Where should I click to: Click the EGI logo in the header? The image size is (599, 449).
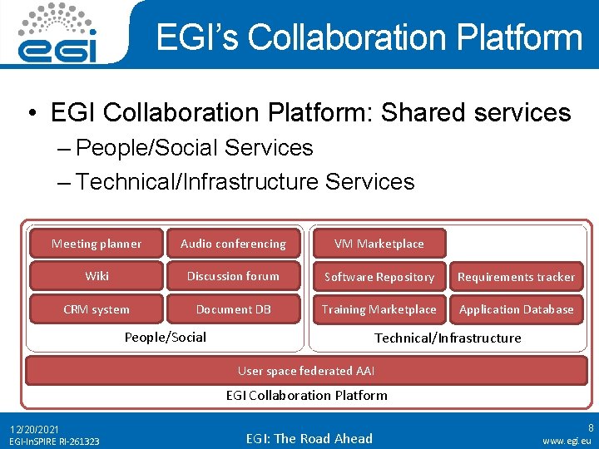click(59, 33)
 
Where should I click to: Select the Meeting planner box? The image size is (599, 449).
click(97, 244)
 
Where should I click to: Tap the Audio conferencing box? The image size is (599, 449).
click(233, 244)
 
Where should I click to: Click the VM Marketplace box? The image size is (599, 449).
click(379, 244)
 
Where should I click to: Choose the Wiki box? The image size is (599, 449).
click(97, 276)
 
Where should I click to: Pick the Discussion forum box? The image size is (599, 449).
click(233, 276)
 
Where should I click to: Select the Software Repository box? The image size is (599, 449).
click(379, 277)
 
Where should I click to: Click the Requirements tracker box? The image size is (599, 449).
click(516, 277)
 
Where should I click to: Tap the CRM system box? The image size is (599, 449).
click(97, 309)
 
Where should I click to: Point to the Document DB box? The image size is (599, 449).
click(233, 309)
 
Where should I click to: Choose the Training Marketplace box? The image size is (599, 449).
click(379, 309)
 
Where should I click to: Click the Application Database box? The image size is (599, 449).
click(516, 309)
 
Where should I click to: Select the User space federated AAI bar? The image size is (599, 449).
click(307, 371)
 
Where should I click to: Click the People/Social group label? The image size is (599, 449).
click(165, 337)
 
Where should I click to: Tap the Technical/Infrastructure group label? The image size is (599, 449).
click(448, 338)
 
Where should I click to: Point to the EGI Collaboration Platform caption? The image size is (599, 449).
click(307, 395)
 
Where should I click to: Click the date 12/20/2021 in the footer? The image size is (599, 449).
click(34, 429)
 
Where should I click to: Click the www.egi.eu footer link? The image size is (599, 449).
click(567, 441)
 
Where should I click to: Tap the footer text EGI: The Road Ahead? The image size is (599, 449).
click(309, 438)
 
